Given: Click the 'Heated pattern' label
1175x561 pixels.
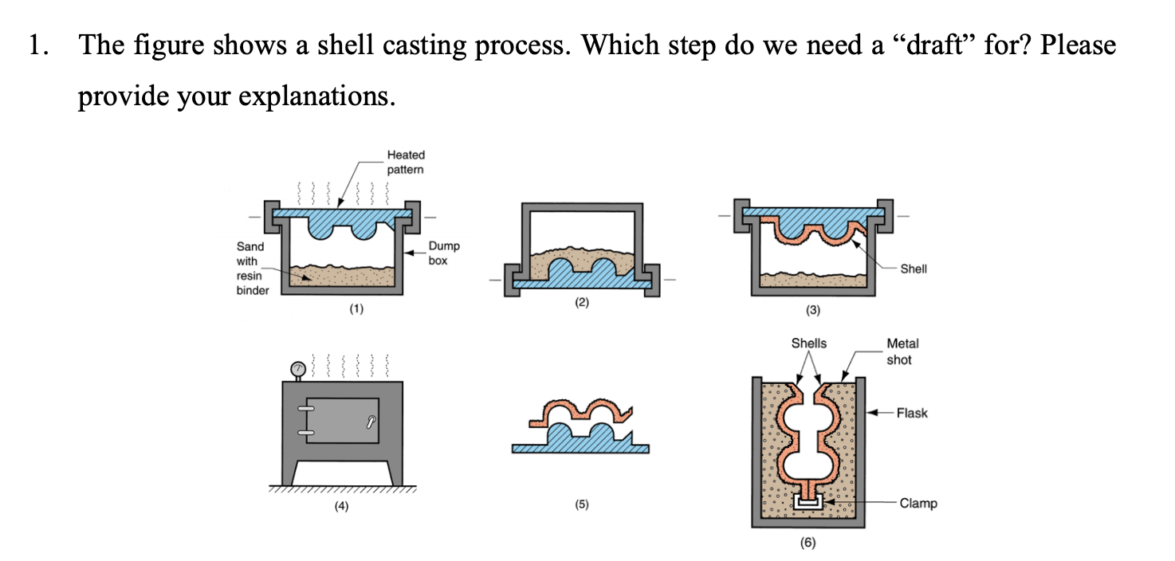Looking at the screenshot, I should coord(405,162).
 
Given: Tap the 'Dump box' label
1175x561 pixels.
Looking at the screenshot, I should coord(443,253).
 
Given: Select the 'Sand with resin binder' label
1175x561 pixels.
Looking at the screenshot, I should coord(252,269).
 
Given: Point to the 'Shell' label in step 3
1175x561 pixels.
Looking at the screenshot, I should coord(913,269).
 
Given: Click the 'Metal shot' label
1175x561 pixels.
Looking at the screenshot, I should coord(902,351).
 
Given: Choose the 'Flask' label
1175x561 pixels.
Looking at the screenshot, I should coord(911,413).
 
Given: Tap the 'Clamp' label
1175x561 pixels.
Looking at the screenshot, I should coord(918,503).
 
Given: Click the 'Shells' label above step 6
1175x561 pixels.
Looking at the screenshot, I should coord(808,343).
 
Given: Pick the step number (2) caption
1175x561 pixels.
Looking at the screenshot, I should coord(581,304).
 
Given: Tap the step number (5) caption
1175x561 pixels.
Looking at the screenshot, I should coord(581,504).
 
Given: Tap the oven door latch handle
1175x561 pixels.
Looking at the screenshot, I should coord(371,420).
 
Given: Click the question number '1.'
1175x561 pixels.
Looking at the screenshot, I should coord(38,45).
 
